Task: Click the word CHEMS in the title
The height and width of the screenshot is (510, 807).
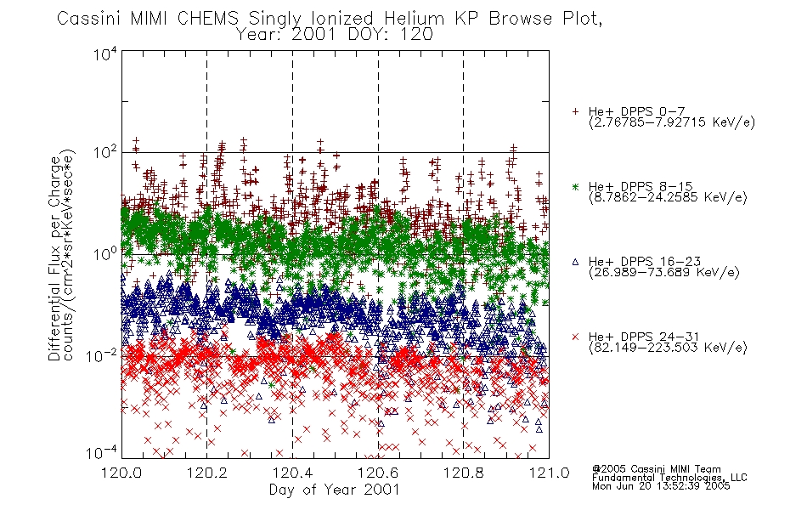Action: coord(208,19)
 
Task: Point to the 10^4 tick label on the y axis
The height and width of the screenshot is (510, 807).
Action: coord(105,54)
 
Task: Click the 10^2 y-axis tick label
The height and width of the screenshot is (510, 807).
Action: coord(105,153)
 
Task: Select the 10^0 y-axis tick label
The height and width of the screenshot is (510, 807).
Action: coord(105,254)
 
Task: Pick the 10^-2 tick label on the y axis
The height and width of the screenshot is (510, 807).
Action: coord(102,355)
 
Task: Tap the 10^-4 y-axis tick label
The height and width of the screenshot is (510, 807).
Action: coord(102,453)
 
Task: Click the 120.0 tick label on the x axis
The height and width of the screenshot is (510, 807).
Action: coord(121,473)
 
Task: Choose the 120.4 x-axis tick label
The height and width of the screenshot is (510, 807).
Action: coord(292,473)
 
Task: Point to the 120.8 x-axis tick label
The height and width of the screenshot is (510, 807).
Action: coord(463,473)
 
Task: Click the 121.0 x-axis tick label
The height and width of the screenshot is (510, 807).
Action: coord(549,473)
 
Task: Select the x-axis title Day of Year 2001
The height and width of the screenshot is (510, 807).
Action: coord(335,490)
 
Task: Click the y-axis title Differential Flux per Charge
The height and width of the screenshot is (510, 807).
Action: coord(54,258)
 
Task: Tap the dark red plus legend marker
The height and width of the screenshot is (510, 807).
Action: coord(575,111)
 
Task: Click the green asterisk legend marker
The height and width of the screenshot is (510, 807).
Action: coord(575,186)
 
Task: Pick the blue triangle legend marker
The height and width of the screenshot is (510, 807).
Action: coord(575,262)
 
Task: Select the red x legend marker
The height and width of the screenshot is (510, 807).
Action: coord(575,337)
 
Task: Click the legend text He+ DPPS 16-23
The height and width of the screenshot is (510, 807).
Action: coord(645,262)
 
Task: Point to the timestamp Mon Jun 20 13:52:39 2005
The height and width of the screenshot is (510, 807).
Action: coord(661,486)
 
